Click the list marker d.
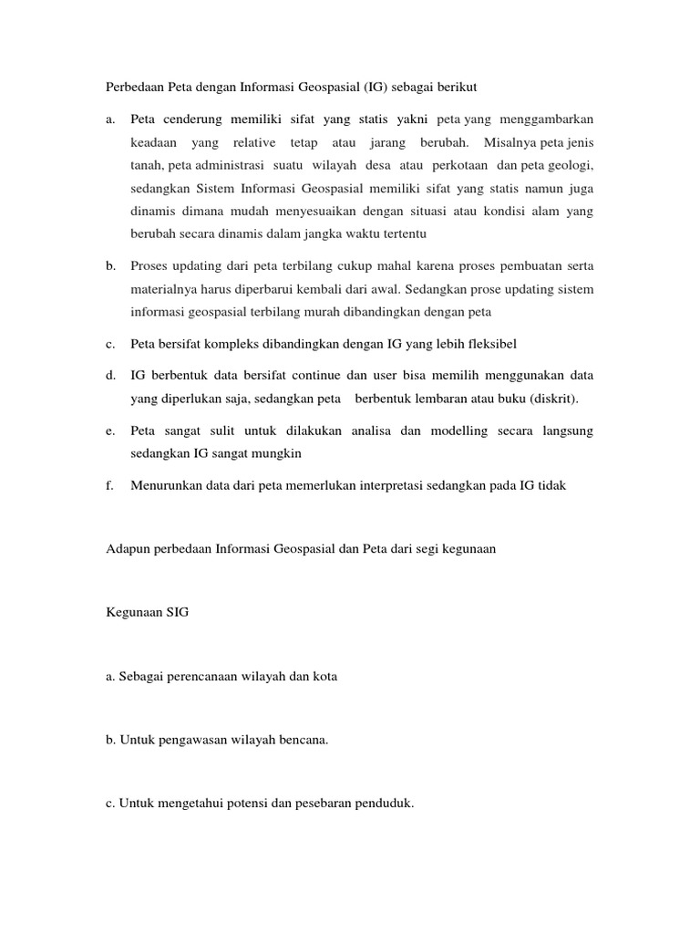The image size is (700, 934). (x=110, y=376)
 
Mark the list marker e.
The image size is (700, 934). (x=110, y=431)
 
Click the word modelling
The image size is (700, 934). (x=459, y=431)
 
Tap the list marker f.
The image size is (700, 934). (x=109, y=485)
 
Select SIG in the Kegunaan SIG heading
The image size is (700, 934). (x=176, y=613)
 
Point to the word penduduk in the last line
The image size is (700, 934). (x=386, y=804)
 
